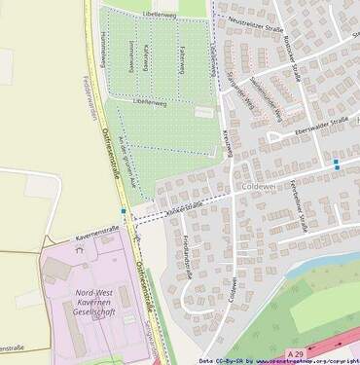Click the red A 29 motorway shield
tap(296, 351)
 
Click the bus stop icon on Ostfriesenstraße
tap(124, 211)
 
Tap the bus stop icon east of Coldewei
tap(336, 163)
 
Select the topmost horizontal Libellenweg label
tap(159, 17)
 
